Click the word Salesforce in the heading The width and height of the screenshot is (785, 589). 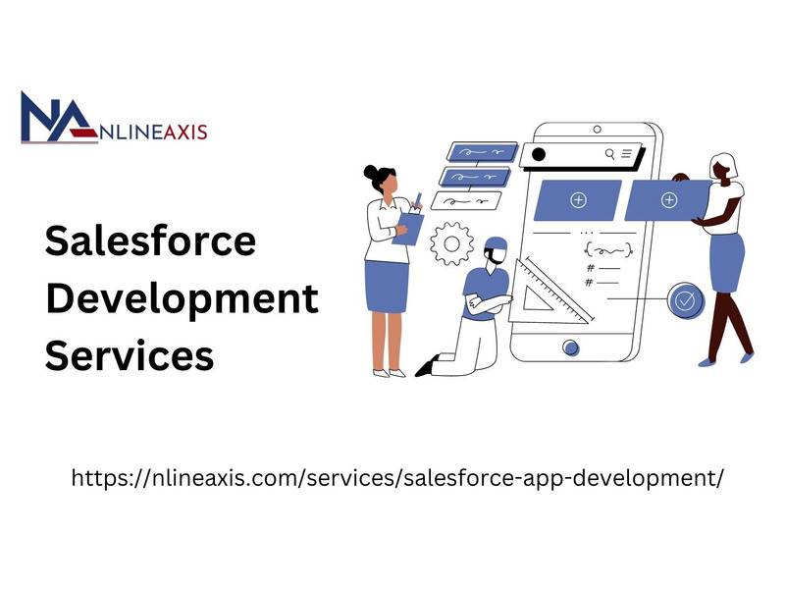[150, 241]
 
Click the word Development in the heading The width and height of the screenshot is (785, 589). [183, 299]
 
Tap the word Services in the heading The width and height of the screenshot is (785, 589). [130, 355]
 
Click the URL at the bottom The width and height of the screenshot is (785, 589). [397, 478]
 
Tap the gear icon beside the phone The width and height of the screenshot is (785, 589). [451, 243]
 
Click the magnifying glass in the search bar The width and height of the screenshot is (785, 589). [609, 154]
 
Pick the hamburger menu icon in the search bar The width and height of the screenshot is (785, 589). [627, 153]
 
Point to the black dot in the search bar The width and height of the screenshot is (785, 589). [538, 154]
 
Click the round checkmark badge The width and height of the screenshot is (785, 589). [685, 300]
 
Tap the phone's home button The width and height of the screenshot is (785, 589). [571, 348]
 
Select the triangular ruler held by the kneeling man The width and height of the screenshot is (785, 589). [549, 292]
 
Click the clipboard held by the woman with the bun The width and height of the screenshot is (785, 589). [408, 229]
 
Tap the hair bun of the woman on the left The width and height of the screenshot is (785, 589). [370, 173]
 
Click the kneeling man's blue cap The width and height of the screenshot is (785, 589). [497, 245]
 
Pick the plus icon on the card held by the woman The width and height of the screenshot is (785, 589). [669, 200]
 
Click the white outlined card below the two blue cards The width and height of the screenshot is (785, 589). [465, 201]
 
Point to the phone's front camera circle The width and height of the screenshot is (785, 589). [597, 130]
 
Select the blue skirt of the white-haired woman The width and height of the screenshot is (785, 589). [727, 262]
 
